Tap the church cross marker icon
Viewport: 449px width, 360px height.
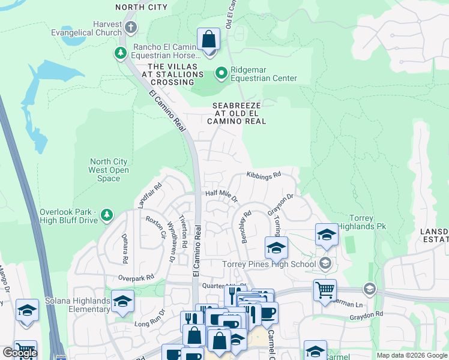(x=131, y=28)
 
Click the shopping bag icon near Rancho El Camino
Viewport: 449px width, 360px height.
(x=208, y=40)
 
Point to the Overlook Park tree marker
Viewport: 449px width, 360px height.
(x=107, y=215)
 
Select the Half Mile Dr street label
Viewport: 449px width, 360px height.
(x=221, y=194)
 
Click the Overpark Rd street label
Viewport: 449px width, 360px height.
(x=136, y=278)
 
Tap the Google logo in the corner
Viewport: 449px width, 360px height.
(x=20, y=353)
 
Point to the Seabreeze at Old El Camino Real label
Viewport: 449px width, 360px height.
(x=240, y=113)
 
